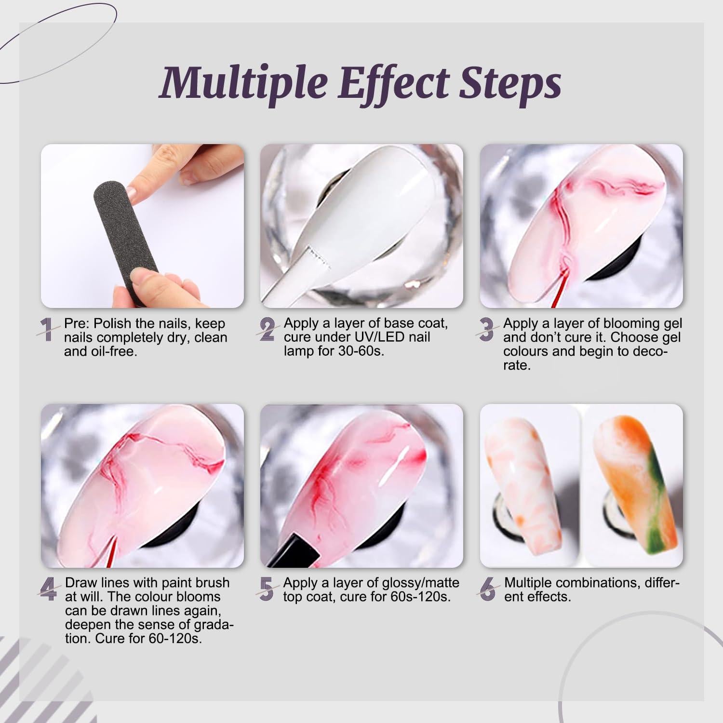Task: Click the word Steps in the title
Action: tap(510, 82)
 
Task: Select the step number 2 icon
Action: tap(267, 330)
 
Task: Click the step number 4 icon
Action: tap(48, 589)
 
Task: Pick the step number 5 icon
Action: tap(267, 589)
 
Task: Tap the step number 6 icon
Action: tap(488, 589)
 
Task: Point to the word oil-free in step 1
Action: tap(113, 351)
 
